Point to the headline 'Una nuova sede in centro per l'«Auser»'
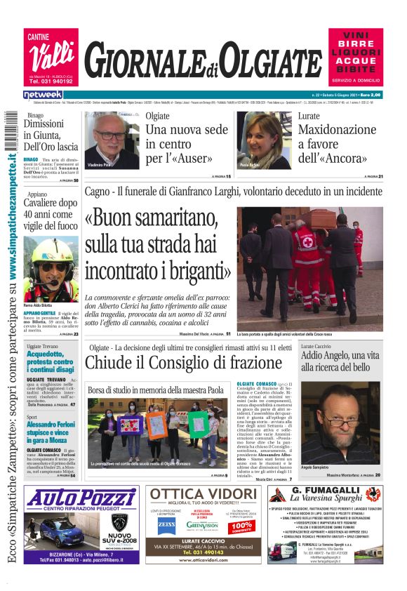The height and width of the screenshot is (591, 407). click(186, 144)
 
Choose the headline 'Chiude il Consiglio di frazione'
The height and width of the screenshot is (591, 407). click(182, 363)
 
